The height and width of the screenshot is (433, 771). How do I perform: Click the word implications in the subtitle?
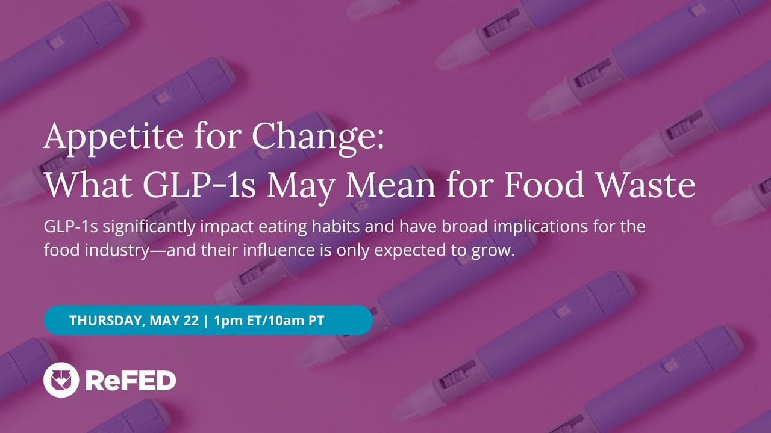(534, 227)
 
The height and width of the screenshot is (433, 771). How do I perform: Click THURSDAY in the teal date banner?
(105, 321)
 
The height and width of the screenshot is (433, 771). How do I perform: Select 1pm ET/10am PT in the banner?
(269, 321)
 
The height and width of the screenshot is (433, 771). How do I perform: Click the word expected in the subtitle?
(413, 250)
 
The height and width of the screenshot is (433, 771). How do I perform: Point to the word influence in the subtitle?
(274, 250)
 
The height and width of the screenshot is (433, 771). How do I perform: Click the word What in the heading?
(87, 185)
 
